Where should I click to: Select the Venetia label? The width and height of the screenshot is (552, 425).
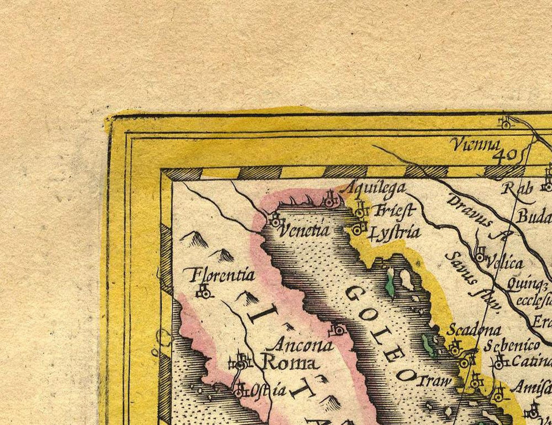pos(305,231)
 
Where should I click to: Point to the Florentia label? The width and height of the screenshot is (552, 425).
pos(222,275)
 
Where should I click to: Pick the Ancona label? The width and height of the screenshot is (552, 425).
pos(303,345)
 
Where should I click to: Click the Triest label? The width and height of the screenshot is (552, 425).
pos(394,211)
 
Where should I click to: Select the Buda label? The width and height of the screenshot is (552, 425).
pos(534,218)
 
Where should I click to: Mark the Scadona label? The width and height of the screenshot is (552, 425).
pos(473,330)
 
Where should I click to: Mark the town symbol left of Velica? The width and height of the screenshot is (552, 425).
pos(480,255)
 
